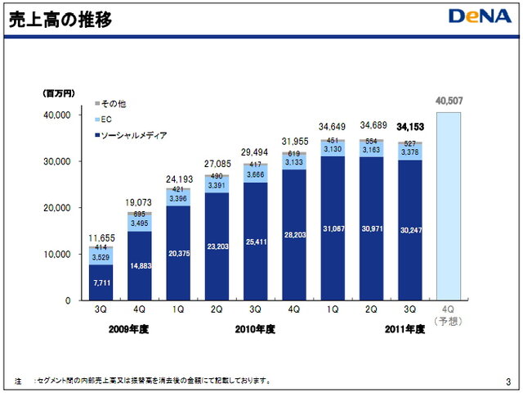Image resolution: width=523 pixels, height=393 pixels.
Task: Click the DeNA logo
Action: [477, 16]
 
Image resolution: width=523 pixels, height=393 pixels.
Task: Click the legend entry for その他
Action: [111, 104]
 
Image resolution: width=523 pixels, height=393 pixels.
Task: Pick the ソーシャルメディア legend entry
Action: [132, 134]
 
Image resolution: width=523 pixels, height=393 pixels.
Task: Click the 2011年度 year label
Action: [405, 329]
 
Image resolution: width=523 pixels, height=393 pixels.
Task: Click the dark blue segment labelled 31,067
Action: [333, 228]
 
